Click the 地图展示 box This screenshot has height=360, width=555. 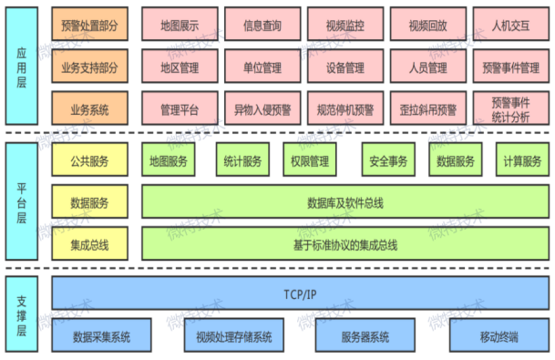(178, 26)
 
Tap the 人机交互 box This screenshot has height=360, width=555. (511, 26)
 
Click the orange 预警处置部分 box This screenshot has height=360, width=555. (89, 26)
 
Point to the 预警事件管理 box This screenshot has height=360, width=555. (511, 67)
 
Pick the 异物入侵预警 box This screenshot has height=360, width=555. (260, 109)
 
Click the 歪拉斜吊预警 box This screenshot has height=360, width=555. (427, 109)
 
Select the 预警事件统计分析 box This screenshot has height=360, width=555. (511, 109)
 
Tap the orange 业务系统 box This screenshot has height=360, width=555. (89, 109)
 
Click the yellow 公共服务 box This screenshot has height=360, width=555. (89, 161)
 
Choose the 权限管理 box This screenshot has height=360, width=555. (310, 161)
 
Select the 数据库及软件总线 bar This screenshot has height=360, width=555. (345, 203)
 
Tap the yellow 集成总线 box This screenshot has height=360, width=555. (89, 244)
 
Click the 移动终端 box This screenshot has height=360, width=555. (499, 337)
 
